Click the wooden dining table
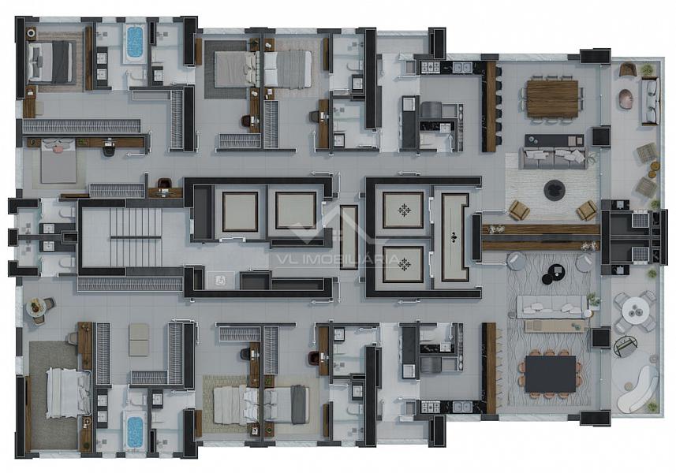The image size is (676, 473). (x=552, y=99)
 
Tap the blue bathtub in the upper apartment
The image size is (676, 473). (x=136, y=42)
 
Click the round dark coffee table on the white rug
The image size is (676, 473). (x=555, y=190)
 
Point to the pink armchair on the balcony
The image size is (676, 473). (x=626, y=99)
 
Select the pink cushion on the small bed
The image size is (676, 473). (x=58, y=147)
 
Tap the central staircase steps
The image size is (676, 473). (x=136, y=237)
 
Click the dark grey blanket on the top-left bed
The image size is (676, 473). (x=61, y=61)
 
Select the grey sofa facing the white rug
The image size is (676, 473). (x=554, y=158)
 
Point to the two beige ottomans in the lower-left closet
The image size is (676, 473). (x=138, y=340)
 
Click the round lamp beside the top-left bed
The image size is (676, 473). (x=32, y=33)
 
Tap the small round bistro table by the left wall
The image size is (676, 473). (x=36, y=308)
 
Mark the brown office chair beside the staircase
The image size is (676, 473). (x=163, y=184)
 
